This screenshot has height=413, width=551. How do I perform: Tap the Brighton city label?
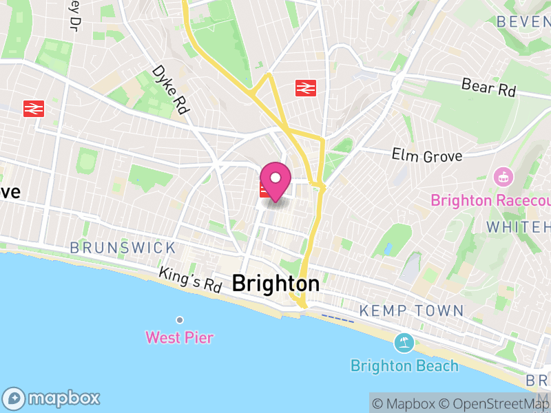click(275, 283)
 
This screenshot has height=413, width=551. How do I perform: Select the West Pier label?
click(179, 337)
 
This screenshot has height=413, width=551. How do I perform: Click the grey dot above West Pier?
click(180, 320)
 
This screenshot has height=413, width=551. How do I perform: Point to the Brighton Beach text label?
click(404, 365)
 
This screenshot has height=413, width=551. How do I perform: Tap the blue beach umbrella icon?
click(404, 342)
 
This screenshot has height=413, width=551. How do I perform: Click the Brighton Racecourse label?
click(490, 200)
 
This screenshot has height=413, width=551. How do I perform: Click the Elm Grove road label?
click(426, 156)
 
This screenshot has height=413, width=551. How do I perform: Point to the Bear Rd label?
click(488, 88)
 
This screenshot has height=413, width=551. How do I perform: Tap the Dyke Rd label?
click(170, 90)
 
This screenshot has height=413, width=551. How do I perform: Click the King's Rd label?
click(189, 279)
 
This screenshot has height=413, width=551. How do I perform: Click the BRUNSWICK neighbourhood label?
click(123, 247)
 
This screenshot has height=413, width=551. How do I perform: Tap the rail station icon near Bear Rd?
click(305, 88)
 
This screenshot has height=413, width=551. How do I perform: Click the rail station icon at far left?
click(33, 109)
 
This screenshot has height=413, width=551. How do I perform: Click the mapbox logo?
click(52, 398)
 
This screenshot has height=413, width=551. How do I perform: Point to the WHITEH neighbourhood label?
click(519, 226)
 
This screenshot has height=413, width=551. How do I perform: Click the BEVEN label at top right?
click(523, 21)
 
